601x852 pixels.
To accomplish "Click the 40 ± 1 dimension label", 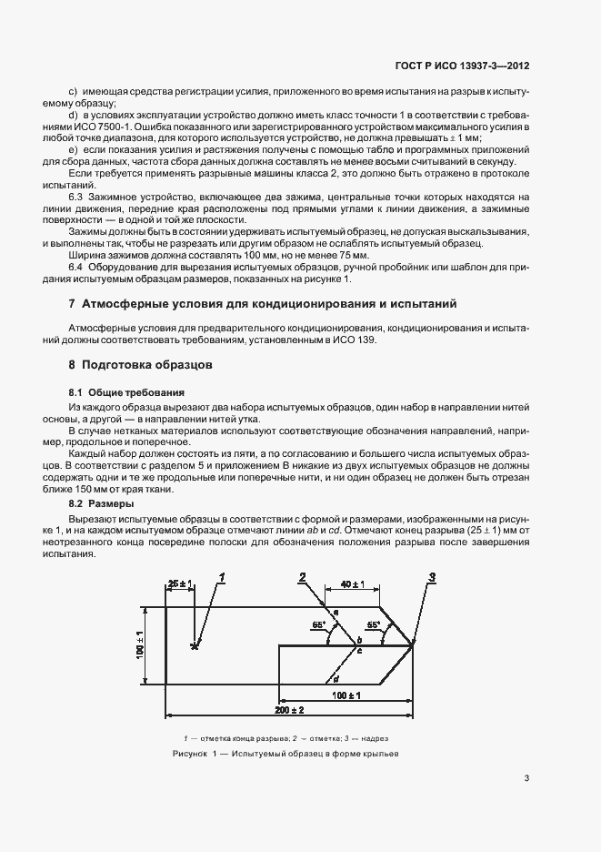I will coord(353,583).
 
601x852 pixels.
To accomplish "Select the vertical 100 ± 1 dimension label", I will coord(141,644).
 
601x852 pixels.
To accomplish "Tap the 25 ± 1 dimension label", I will coord(180,583).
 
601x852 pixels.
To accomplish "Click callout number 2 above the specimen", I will coord(302,575).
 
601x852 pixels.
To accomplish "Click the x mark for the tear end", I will coord(194,646).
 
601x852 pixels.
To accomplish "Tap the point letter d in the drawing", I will coord(337,678).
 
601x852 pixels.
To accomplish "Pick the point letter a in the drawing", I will coord(336,613).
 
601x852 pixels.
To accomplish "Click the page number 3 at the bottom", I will coord(527,778).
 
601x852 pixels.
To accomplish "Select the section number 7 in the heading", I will coord(72,302).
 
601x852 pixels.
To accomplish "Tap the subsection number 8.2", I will coord(77,502).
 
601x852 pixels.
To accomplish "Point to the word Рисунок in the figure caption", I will coord(190,755).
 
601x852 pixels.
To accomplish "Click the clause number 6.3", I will coord(77,197).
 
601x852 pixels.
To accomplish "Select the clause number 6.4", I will coord(77,267).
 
